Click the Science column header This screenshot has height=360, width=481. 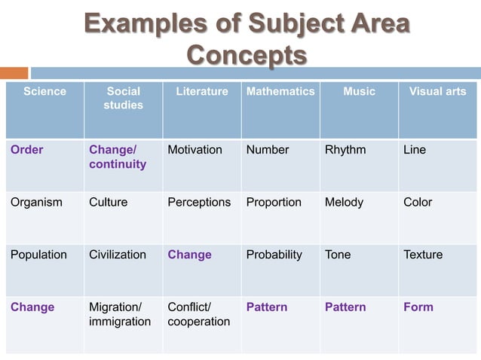click(44, 92)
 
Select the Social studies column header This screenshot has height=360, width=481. click(123, 99)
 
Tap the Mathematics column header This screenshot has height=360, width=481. click(280, 92)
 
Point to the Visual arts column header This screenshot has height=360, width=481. click(437, 92)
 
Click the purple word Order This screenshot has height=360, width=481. click(27, 150)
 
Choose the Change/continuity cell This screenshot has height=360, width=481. click(118, 157)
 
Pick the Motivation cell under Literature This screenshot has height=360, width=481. click(195, 150)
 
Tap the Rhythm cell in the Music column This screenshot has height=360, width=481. click(345, 150)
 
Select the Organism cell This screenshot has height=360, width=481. click(36, 202)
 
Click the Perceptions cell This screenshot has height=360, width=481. click(199, 202)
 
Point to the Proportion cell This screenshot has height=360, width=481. click(274, 202)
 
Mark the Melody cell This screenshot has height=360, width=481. click(344, 202)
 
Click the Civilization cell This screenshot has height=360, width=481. click(118, 255)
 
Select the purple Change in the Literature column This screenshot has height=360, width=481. click(189, 255)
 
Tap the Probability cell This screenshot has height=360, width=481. click(274, 255)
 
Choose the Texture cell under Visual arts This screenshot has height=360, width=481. click(423, 255)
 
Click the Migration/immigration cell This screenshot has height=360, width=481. click(120, 314)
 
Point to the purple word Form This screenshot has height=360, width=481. click(418, 307)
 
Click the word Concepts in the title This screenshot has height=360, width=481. click(247, 56)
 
